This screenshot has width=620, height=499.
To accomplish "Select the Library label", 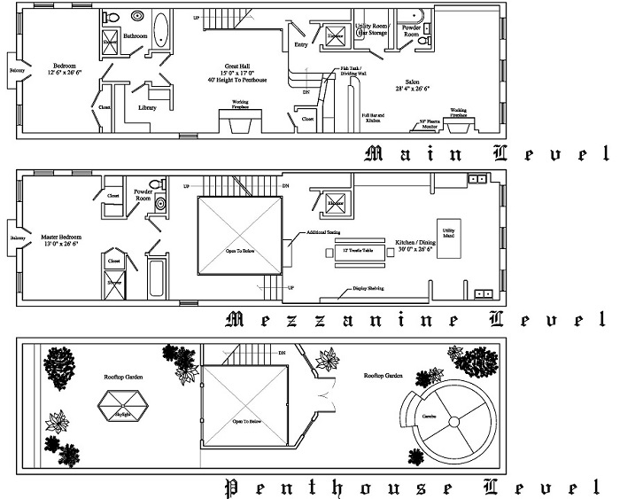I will click(147, 108).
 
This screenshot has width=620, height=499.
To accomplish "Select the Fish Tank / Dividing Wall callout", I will click(353, 71).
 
